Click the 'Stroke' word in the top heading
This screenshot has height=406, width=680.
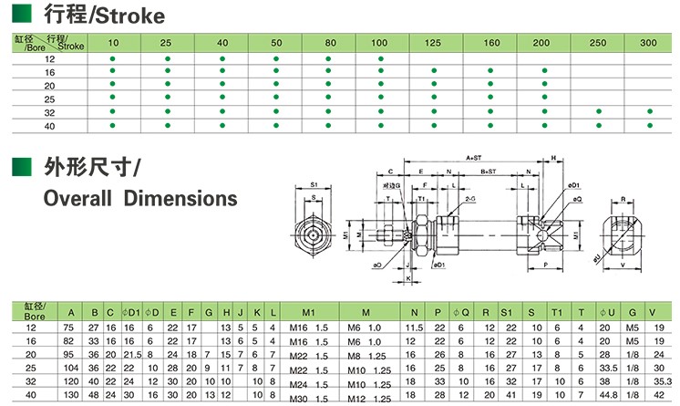click(134, 16)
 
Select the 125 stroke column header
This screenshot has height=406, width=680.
click(433, 43)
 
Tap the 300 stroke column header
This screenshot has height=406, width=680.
click(648, 43)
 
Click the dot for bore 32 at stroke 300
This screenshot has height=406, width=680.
click(650, 110)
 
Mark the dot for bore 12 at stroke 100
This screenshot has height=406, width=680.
click(381, 58)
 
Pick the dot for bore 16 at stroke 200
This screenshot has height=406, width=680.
click(544, 71)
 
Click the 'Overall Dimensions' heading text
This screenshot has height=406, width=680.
click(140, 198)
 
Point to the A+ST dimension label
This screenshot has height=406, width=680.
click(474, 157)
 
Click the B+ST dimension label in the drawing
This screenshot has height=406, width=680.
click(488, 171)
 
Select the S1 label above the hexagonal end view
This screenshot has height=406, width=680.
click(314, 182)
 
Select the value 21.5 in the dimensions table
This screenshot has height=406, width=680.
click(130, 353)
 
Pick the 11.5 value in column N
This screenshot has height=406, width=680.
click(415, 328)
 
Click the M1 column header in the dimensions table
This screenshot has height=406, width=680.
click(308, 312)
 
